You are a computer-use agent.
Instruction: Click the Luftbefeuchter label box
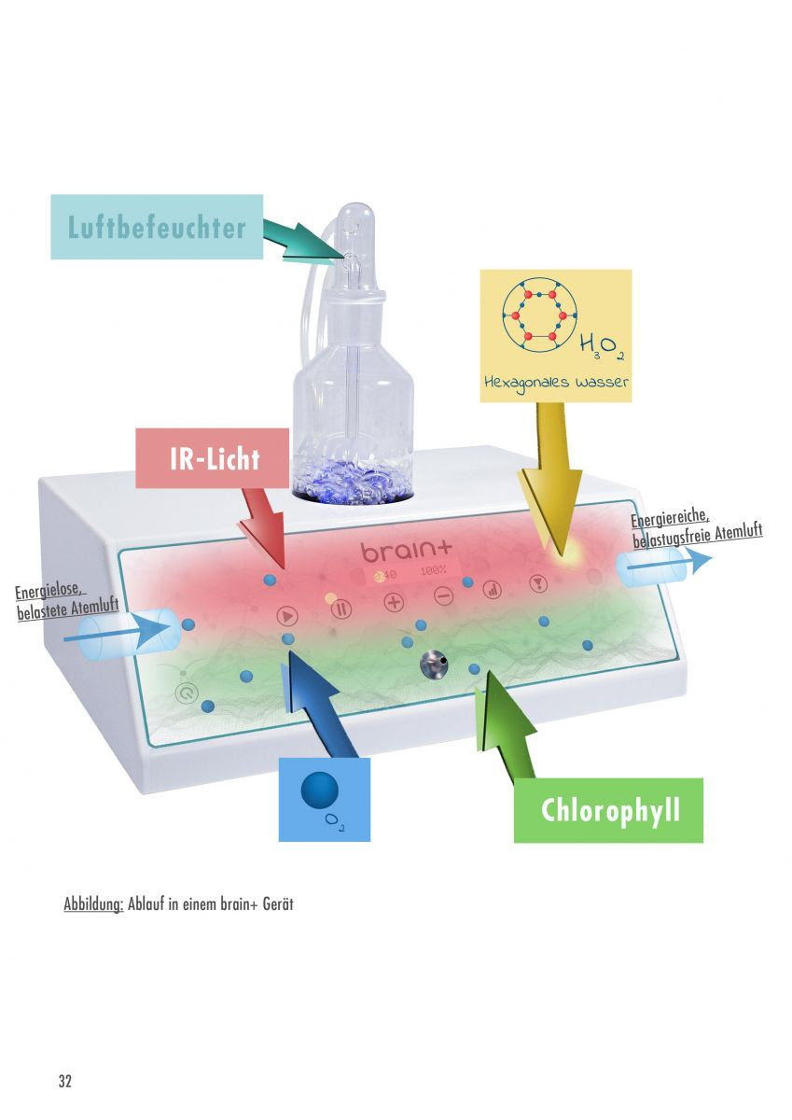pyautogui.click(x=157, y=227)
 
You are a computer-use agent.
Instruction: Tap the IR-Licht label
pyautogui.click(x=213, y=458)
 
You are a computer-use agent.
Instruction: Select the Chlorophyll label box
pyautogui.click(x=608, y=810)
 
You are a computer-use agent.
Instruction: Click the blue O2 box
pyautogui.click(x=325, y=800)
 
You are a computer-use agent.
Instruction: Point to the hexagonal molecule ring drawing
pyautogui.click(x=539, y=315)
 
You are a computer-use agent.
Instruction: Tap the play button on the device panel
pyautogui.click(x=287, y=616)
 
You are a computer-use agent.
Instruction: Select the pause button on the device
pyautogui.click(x=341, y=609)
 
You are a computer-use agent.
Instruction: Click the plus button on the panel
pyautogui.click(x=394, y=602)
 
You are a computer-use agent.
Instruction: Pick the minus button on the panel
pyautogui.click(x=443, y=596)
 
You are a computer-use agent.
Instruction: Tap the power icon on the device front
pyautogui.click(x=187, y=693)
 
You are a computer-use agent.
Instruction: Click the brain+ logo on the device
pyautogui.click(x=406, y=551)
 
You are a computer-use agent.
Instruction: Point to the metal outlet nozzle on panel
pyautogui.click(x=433, y=665)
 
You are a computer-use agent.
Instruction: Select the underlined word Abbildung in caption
pyautogui.click(x=93, y=904)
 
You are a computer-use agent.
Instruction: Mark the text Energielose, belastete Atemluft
pyautogui.click(x=67, y=604)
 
